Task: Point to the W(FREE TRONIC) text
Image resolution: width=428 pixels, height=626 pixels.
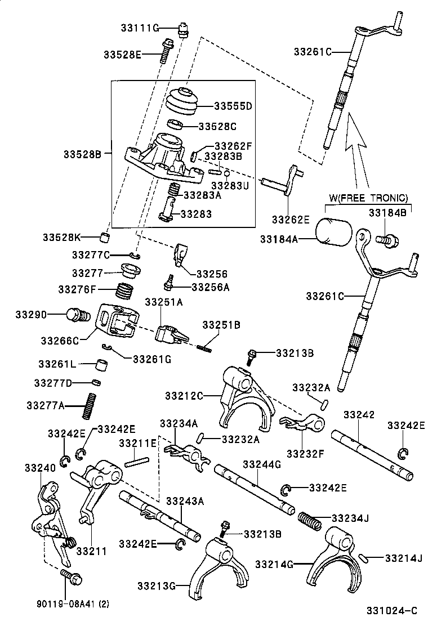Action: (x=368, y=198)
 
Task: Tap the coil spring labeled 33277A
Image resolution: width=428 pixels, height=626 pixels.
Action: (x=88, y=405)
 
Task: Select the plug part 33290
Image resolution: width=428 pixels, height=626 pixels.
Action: (x=77, y=315)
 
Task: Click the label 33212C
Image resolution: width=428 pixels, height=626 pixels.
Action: (x=184, y=395)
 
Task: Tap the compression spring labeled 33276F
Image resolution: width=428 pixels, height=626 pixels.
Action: (x=125, y=292)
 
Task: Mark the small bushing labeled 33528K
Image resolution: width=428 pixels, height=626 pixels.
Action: (x=105, y=235)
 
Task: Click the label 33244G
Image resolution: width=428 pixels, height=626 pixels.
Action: (x=261, y=464)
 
